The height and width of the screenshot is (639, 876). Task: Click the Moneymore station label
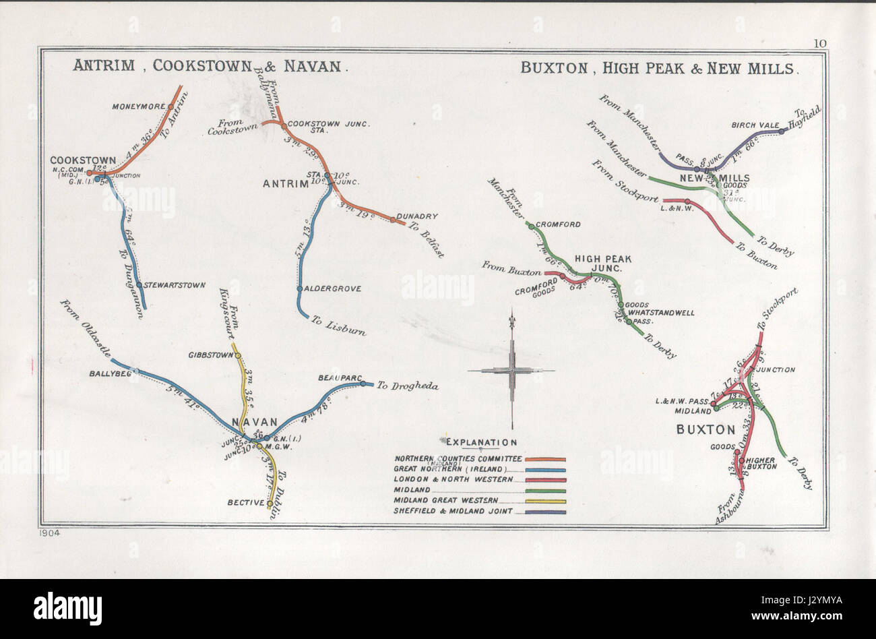(x=139, y=106)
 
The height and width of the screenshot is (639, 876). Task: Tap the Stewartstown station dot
(x=139, y=285)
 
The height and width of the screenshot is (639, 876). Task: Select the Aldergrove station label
(x=333, y=288)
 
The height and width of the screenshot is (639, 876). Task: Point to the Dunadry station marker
(x=393, y=219)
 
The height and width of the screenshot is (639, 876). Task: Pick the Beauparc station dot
(x=363, y=384)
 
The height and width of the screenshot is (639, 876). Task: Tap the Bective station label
(x=245, y=502)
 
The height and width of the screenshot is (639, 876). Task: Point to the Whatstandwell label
(x=662, y=313)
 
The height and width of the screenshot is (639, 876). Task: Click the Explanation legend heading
(x=481, y=442)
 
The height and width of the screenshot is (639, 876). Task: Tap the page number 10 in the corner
(x=819, y=44)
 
